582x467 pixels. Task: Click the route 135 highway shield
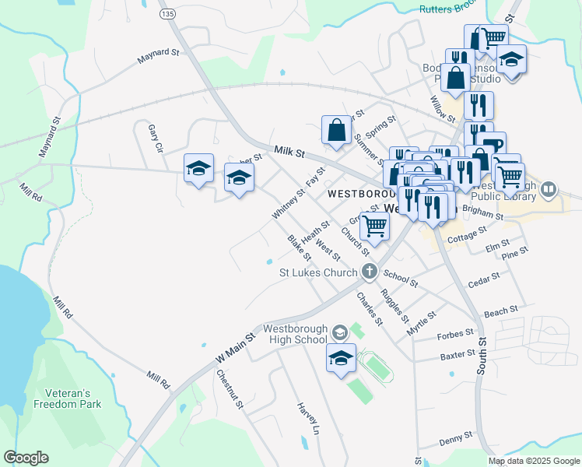pyautogui.click(x=167, y=14)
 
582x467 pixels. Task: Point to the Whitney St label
pyautogui.click(x=289, y=202)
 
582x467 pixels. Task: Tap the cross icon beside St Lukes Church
pyautogui.click(x=370, y=272)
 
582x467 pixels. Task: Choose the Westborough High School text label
pyautogui.click(x=295, y=333)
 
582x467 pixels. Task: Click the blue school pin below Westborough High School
pyautogui.click(x=341, y=359)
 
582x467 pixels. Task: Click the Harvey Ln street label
pyautogui.click(x=307, y=419)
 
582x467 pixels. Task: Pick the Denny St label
pyautogui.click(x=455, y=438)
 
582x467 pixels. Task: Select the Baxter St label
pyautogui.click(x=457, y=355)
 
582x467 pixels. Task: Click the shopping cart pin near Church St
pyautogui.click(x=375, y=227)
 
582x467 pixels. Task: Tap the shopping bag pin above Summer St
pyautogui.click(x=337, y=130)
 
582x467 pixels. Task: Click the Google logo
pyautogui.click(x=26, y=458)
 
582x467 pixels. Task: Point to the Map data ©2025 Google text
pyautogui.click(x=533, y=461)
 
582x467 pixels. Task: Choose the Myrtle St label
pyautogui.click(x=422, y=322)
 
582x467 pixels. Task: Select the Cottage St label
pyautogui.click(x=468, y=233)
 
